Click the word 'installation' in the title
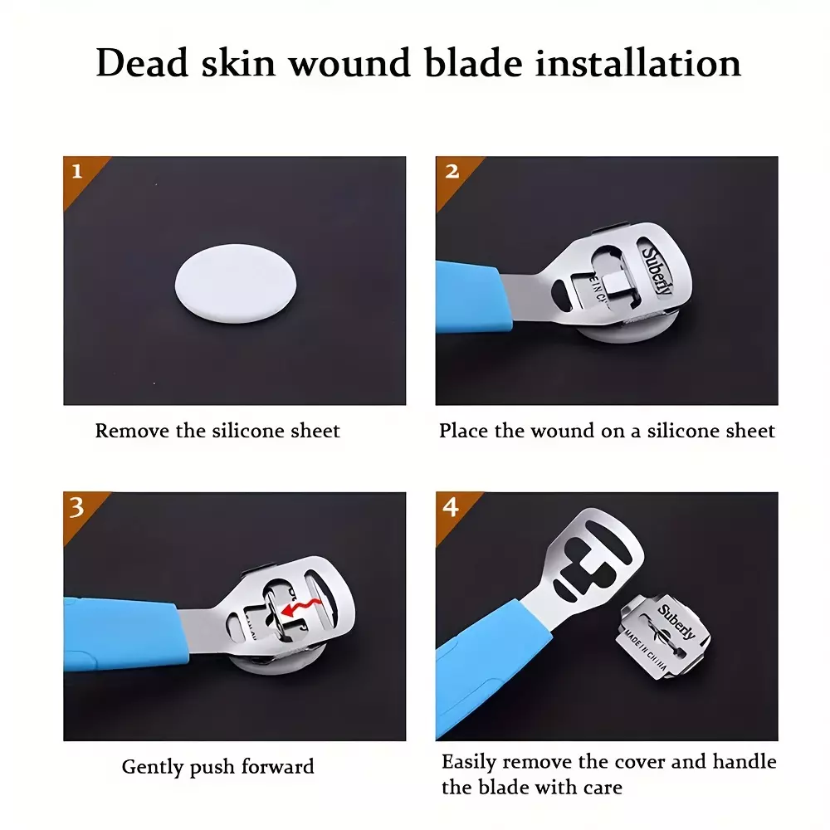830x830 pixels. [x=637, y=63]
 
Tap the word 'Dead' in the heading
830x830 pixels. [x=143, y=63]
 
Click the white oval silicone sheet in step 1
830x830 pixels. [x=236, y=283]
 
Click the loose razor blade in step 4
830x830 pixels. [x=663, y=637]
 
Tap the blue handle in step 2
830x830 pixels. [x=473, y=297]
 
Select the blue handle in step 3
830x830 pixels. [x=125, y=633]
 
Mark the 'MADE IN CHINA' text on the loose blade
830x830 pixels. [x=646, y=651]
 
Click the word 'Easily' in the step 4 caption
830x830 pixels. [x=469, y=763]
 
